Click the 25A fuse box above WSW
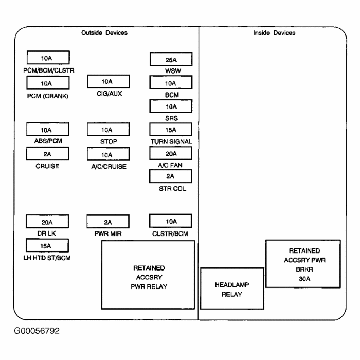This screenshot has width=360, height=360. tap(171, 59)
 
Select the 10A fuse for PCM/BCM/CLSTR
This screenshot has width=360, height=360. tap(48, 58)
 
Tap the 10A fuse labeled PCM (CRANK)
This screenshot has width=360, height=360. tap(48, 83)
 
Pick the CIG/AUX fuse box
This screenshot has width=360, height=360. tap(108, 81)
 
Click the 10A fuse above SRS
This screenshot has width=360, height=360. tap(171, 106)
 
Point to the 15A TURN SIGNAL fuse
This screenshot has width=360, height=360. tap(171, 130)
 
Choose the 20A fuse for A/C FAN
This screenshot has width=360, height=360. tap(171, 153)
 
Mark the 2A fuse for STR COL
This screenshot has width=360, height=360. tap(171, 176)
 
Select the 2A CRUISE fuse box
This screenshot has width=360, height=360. tap(48, 154)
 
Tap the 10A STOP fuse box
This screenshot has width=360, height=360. tap(108, 130)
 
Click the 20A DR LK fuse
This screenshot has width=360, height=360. tap(48, 222)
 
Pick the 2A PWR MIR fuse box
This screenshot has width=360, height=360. tap(108, 222)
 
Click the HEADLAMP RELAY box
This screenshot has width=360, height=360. tap(231, 289)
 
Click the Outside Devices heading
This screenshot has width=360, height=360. tap(104, 33)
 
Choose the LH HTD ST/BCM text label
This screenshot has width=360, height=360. tap(48, 258)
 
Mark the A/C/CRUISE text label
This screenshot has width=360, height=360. tap(108, 166)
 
